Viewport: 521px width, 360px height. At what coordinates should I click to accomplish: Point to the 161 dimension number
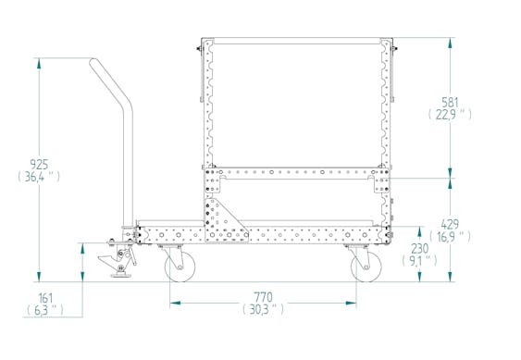[44, 297]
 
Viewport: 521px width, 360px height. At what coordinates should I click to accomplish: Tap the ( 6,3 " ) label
[44, 311]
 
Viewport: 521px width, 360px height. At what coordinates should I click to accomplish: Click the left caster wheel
[177, 267]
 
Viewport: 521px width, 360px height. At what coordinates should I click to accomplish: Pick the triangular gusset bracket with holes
[220, 219]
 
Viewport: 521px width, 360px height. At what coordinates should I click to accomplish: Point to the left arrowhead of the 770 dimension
[172, 302]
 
